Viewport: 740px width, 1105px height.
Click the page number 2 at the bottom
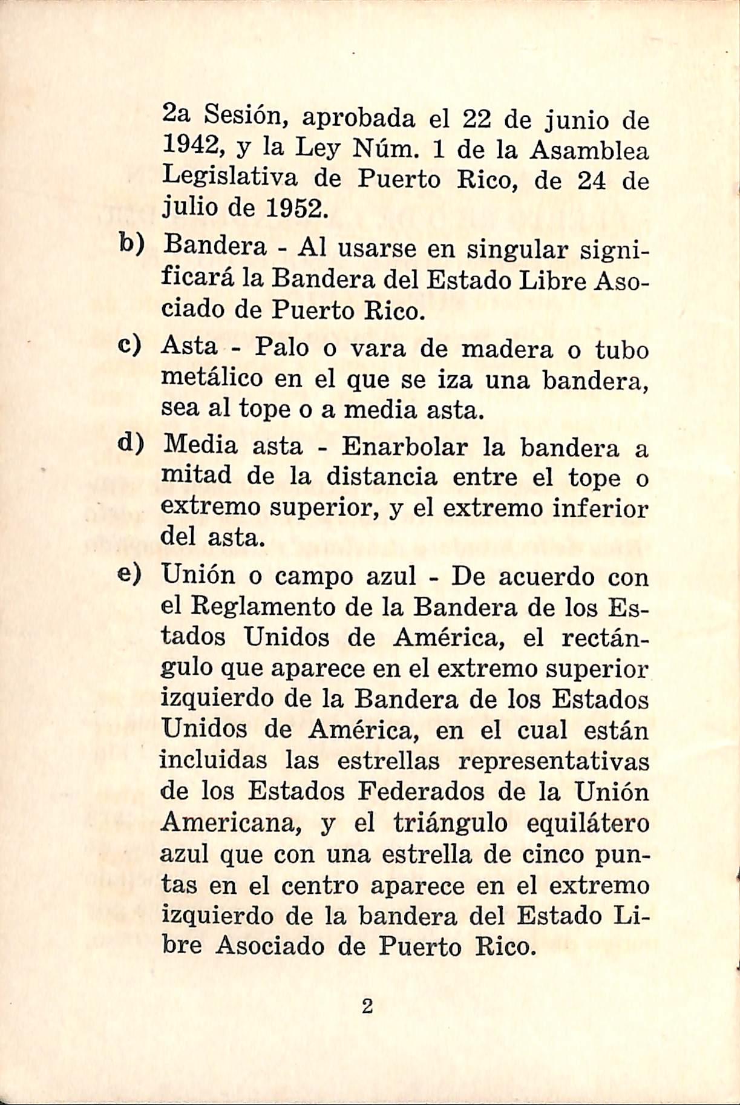coord(367,1007)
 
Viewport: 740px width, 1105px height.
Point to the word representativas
coord(553,761)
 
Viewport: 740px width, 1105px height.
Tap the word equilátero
coord(588,824)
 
